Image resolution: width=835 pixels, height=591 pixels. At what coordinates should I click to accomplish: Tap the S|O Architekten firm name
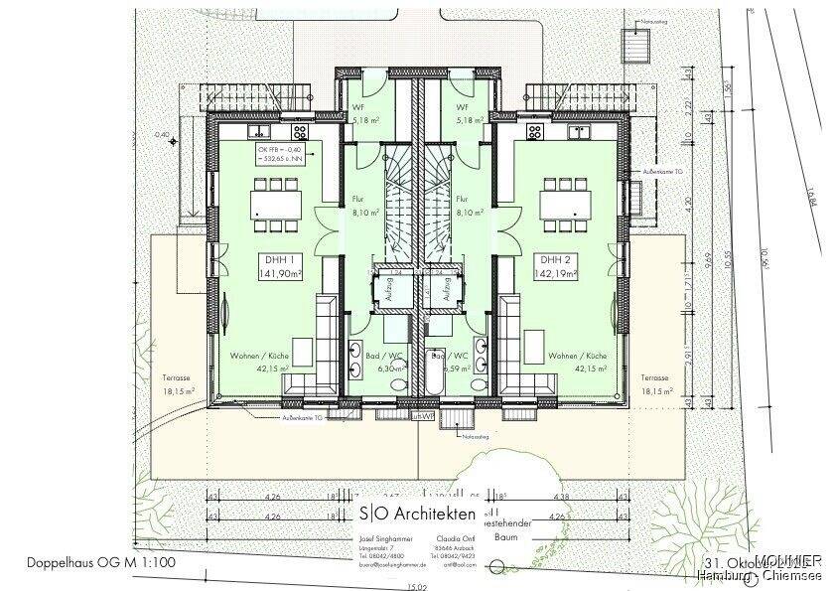(x=418, y=513)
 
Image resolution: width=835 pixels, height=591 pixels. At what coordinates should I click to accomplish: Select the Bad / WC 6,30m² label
(x=371, y=360)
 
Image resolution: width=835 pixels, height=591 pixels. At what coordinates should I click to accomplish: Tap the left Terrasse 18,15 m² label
(x=179, y=384)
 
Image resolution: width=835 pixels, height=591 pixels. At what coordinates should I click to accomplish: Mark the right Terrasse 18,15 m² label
(x=655, y=384)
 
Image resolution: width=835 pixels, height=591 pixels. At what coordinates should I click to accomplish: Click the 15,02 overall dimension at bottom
(x=417, y=585)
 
